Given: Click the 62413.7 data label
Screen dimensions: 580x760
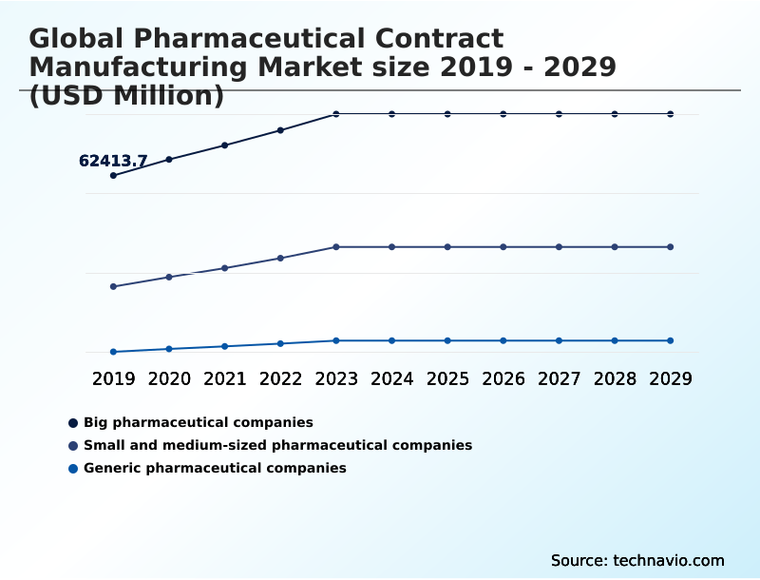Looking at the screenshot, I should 113,162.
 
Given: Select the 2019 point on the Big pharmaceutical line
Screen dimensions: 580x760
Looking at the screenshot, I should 114,176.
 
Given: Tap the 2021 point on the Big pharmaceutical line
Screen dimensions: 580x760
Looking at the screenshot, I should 225,145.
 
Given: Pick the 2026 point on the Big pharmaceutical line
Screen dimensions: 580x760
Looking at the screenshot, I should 503,114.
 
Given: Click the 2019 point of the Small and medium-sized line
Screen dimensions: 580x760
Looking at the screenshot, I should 114,286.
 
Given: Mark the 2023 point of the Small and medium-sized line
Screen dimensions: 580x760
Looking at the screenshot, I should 336,247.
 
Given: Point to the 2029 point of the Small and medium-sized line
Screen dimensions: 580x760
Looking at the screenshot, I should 671,247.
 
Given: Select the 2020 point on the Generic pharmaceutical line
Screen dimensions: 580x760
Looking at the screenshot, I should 169,349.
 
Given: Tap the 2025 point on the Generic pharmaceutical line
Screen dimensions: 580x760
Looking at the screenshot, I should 447,340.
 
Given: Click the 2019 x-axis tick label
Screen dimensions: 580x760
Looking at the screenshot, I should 114,379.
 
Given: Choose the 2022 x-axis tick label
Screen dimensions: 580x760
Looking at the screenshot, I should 280,379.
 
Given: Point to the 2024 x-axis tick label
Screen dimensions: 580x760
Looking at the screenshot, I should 391,379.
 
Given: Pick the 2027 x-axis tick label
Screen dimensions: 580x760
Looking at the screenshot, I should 559,379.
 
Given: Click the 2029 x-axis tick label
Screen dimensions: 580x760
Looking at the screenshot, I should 671,379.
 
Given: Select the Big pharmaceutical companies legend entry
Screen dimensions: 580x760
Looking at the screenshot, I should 198,422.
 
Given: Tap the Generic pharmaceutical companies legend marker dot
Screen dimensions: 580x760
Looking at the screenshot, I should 73,468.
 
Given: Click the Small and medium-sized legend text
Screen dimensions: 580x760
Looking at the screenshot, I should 277,445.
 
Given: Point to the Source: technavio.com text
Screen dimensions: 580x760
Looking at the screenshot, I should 637,560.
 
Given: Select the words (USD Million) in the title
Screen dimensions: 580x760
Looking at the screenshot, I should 126,96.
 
